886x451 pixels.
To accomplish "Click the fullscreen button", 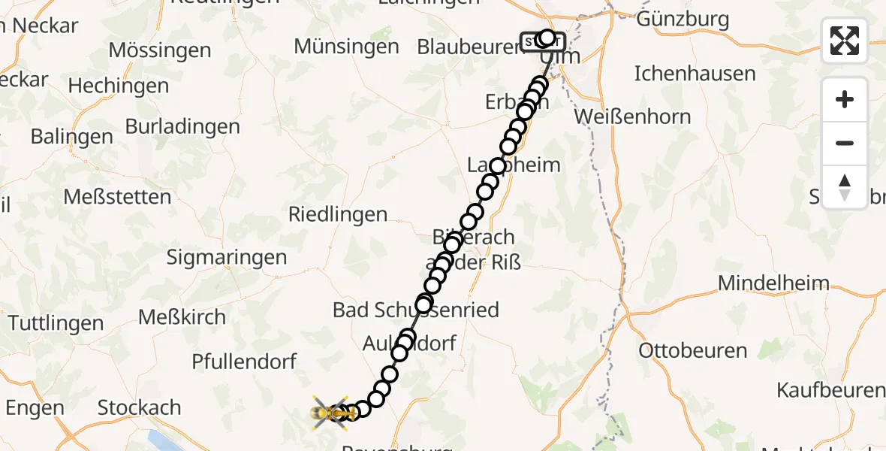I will click(845, 41).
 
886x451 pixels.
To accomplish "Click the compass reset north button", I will click(845, 187).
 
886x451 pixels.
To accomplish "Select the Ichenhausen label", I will click(695, 74).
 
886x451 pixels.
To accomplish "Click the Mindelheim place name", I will click(774, 283).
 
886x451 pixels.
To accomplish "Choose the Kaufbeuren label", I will click(830, 390).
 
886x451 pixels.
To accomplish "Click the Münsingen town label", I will click(346, 46).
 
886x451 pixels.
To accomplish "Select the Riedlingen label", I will click(338, 214).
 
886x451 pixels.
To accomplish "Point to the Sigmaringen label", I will click(226, 257).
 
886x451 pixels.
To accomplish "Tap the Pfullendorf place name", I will click(244, 362).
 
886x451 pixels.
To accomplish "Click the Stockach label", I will click(140, 407).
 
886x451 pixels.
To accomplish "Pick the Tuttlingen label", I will click(56, 323).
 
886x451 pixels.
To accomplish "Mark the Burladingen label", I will click(182, 126).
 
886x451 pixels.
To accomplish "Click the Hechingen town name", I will click(119, 86).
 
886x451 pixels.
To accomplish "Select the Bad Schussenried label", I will click(416, 310).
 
